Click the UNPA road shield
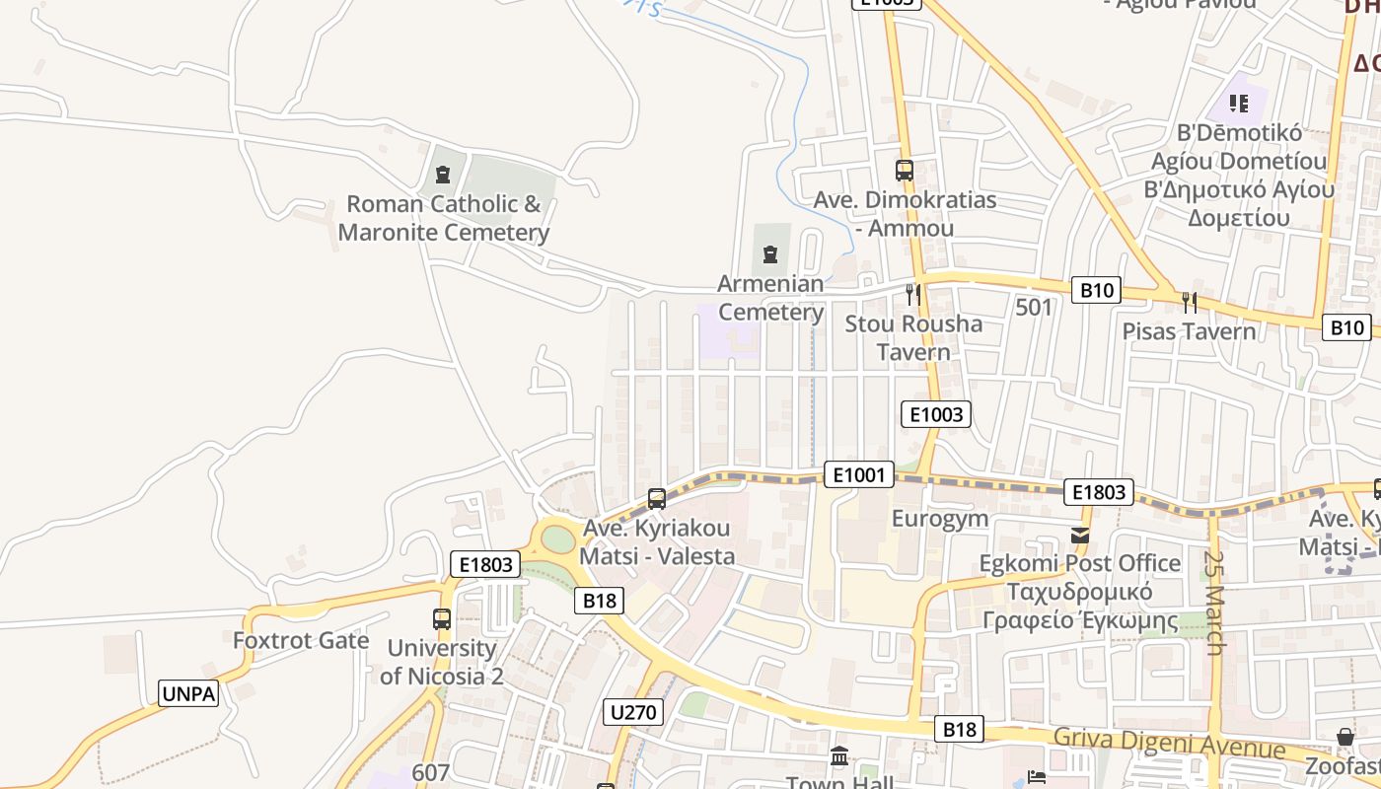pos(188,693)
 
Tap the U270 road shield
pos(633,711)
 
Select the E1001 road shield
pos(858,475)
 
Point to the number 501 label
pos(1034,308)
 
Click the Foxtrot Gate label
pos(301,640)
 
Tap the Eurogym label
pos(940,519)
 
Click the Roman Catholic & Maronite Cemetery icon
pos(443,175)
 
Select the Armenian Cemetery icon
pos(770,254)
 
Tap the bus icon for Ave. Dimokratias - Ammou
pos(905,170)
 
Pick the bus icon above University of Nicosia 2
pos(442,619)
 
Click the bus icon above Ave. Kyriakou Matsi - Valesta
pos(657,499)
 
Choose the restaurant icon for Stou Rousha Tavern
pos(913,294)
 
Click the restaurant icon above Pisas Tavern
pos(1190,301)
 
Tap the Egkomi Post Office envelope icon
pos(1080,535)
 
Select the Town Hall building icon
pos(839,757)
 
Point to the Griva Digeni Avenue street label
pos(1169,742)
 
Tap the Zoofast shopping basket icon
pos(1345,737)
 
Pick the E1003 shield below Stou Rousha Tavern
pos(935,414)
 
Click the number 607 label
pos(431,773)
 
